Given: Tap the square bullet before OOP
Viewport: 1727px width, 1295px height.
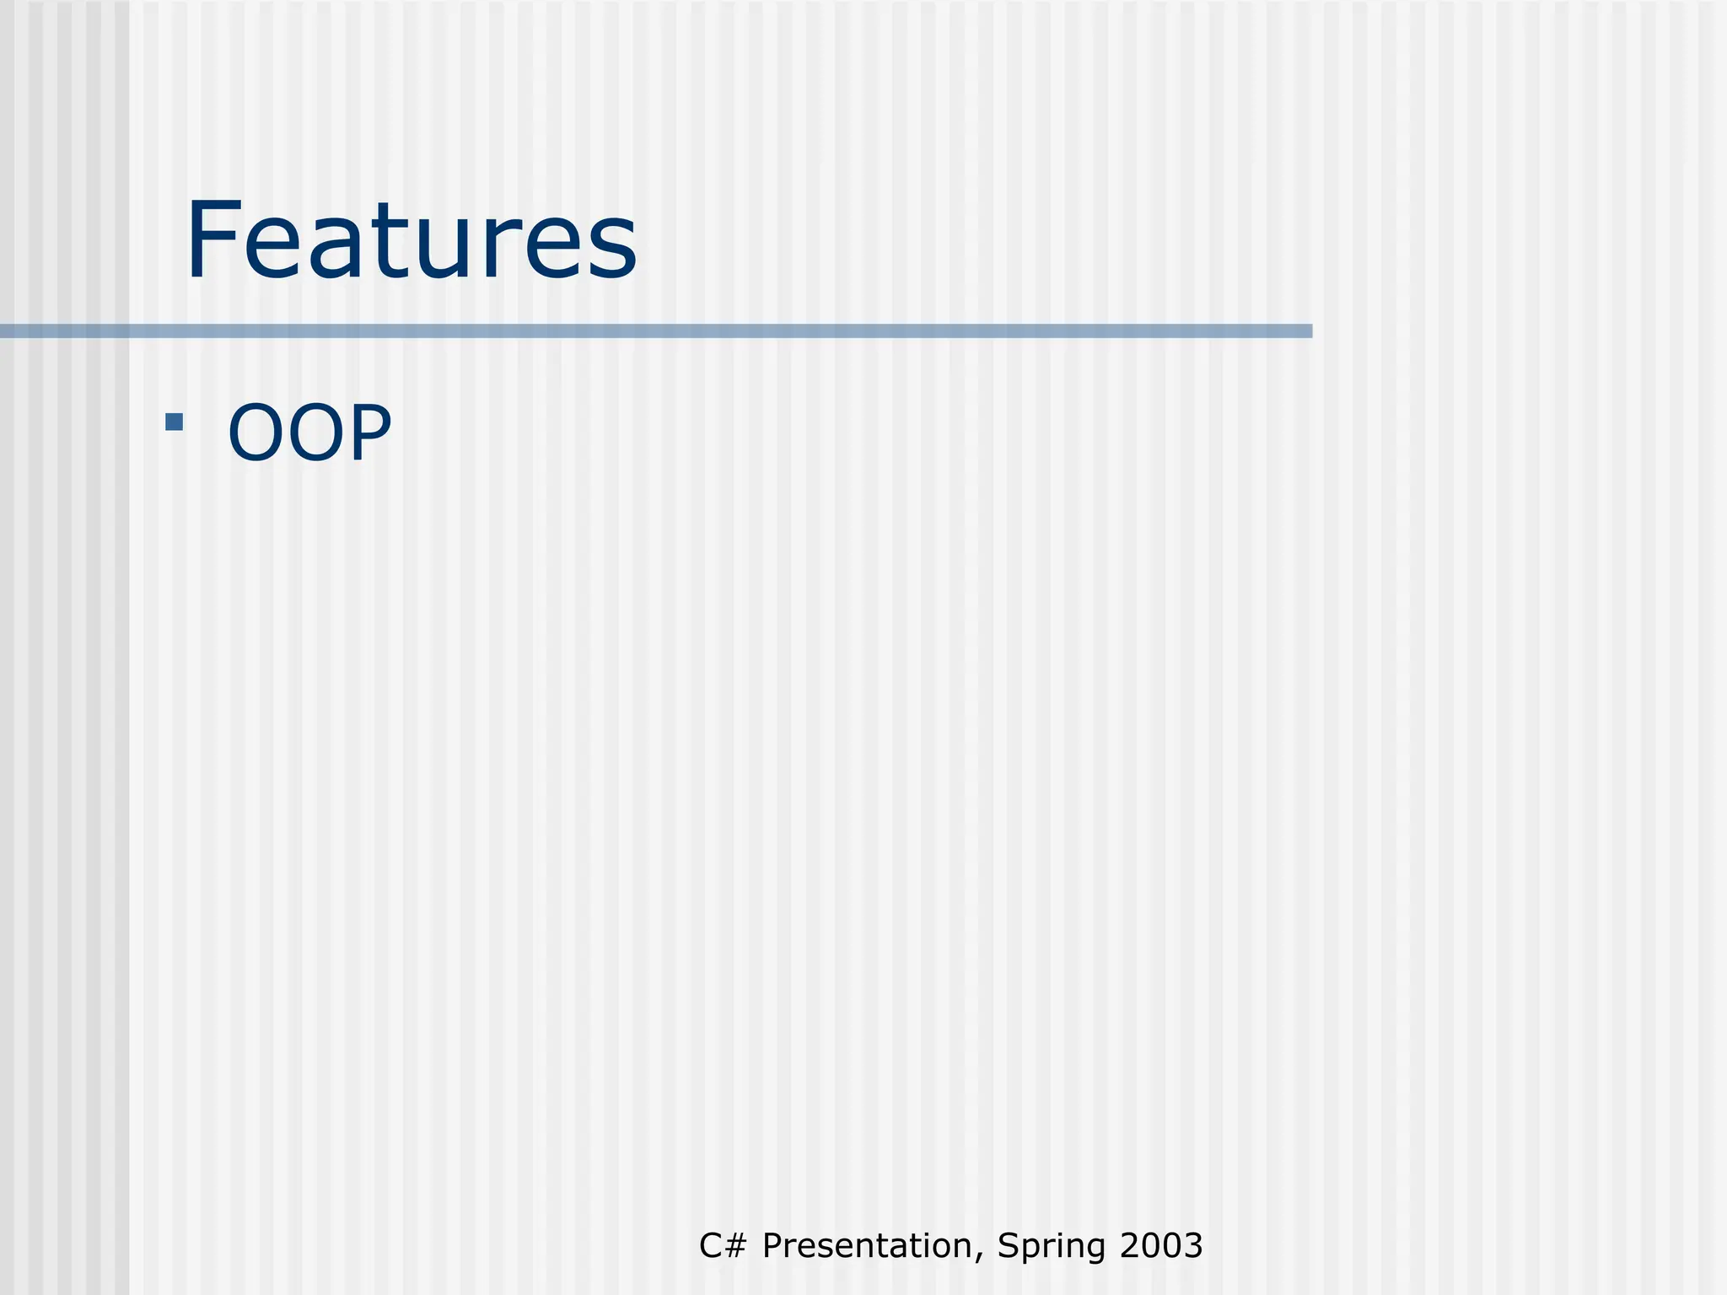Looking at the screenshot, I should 175,422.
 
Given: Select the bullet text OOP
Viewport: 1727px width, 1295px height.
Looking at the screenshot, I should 309,433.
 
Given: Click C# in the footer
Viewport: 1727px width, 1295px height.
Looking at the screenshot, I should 723,1245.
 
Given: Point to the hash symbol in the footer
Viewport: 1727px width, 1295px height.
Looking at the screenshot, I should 735,1245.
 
